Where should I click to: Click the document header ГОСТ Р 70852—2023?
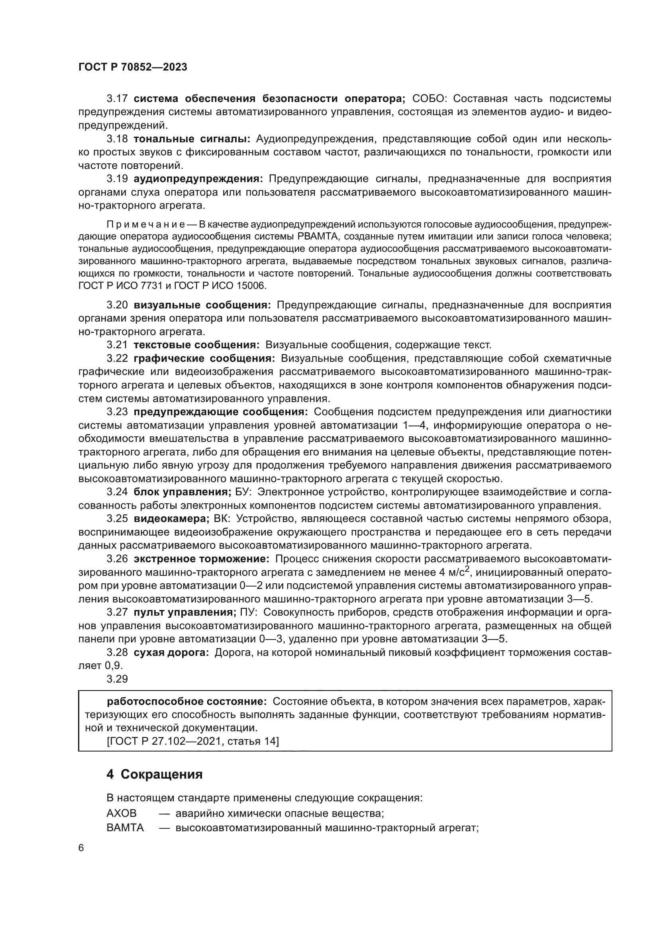click(132, 67)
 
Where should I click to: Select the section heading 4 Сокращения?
click(154, 774)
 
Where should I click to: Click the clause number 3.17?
click(117, 99)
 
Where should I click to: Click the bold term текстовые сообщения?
click(196, 345)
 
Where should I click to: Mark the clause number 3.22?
click(117, 359)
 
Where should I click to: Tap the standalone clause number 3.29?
click(117, 679)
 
